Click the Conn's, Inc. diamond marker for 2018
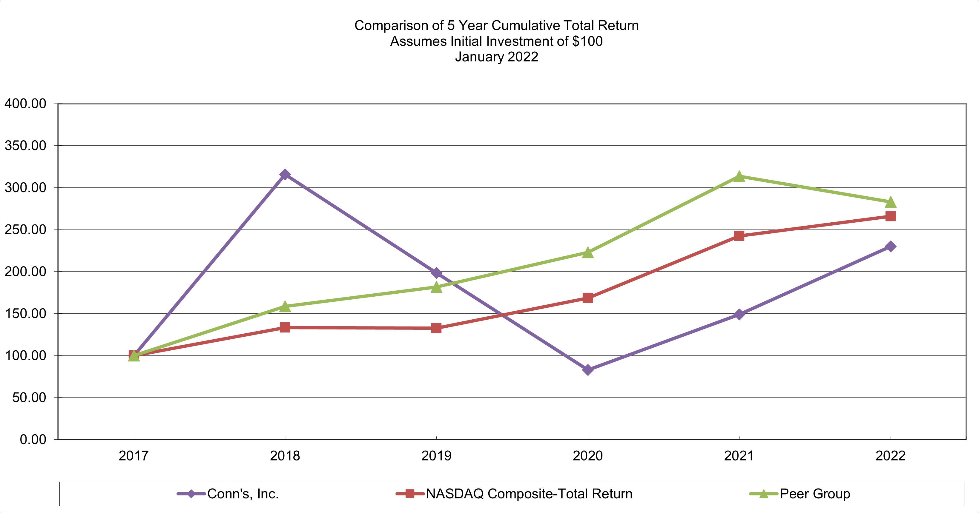click(x=285, y=175)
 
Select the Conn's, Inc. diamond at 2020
click(x=587, y=369)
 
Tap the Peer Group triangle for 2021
click(x=739, y=177)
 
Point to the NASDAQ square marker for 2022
click(x=890, y=216)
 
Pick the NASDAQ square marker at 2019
click(x=436, y=328)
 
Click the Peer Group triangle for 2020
click(x=587, y=252)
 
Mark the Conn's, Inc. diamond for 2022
click(x=890, y=247)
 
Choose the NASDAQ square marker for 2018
click(x=285, y=327)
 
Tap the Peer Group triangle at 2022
click(x=890, y=202)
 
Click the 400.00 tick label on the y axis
click(x=25, y=104)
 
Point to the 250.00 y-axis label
click(x=25, y=230)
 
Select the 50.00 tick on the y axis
click(x=29, y=398)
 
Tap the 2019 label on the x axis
click(x=436, y=456)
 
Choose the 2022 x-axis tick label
click(x=890, y=456)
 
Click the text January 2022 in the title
click(x=496, y=57)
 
